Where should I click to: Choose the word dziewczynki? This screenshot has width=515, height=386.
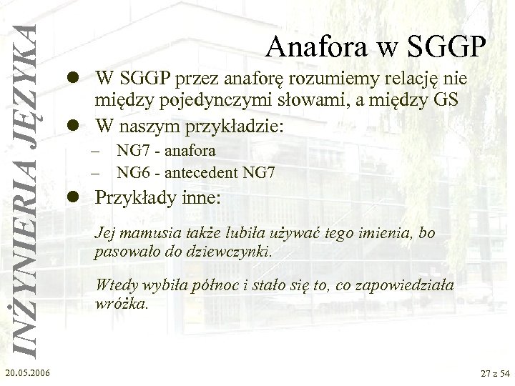(232, 252)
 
